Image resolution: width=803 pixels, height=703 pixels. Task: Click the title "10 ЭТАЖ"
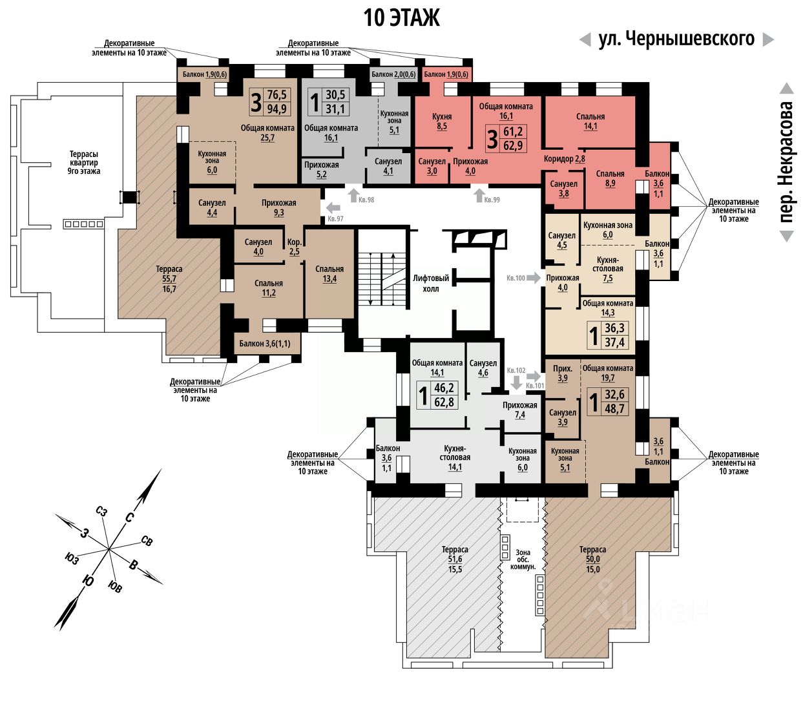(x=401, y=17)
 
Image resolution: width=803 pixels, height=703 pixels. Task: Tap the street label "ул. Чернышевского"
(x=676, y=39)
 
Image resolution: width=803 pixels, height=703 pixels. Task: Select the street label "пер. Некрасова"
(x=786, y=162)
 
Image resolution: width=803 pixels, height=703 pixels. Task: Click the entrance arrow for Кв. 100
(x=534, y=278)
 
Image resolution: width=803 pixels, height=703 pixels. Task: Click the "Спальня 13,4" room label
(x=329, y=274)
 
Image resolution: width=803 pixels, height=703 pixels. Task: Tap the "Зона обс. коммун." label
(x=523, y=560)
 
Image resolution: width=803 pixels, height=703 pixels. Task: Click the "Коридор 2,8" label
(x=564, y=158)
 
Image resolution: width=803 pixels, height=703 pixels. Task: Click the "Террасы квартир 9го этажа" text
(x=84, y=163)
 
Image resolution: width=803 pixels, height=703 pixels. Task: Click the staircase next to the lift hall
(x=381, y=279)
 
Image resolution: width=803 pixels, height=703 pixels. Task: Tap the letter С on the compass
(x=129, y=517)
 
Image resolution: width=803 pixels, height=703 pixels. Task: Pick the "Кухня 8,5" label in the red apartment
(x=442, y=121)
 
